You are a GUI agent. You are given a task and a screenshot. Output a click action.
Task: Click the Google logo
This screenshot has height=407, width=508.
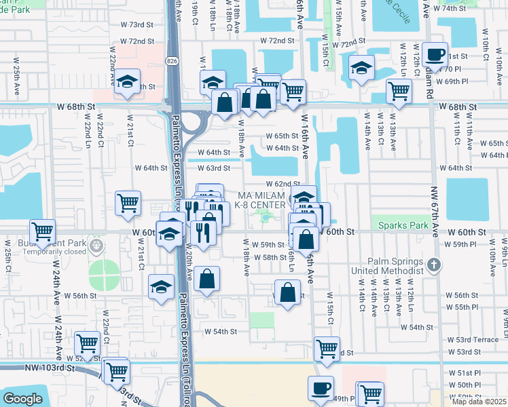(22, 399)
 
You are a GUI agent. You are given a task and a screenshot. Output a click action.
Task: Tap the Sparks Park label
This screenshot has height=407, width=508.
(399, 225)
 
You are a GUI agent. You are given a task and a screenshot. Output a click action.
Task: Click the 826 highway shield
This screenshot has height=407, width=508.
(172, 60)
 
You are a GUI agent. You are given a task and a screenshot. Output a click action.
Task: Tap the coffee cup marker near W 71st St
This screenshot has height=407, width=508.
(435, 54)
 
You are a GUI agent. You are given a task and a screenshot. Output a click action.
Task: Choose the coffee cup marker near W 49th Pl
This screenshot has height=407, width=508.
(321, 389)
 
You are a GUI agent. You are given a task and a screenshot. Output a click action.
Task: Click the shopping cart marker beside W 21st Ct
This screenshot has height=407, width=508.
(128, 202)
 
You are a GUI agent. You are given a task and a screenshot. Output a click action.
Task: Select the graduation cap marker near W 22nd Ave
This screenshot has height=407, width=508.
(126, 82)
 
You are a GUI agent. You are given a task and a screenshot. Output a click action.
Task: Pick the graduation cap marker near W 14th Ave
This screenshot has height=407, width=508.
(362, 68)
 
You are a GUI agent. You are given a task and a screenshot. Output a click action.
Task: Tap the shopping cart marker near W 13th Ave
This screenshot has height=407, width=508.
(399, 90)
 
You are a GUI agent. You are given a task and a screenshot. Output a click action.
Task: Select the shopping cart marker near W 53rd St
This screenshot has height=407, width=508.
(327, 349)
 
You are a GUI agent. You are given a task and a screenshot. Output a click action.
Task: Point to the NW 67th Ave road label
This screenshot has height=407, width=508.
(436, 204)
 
